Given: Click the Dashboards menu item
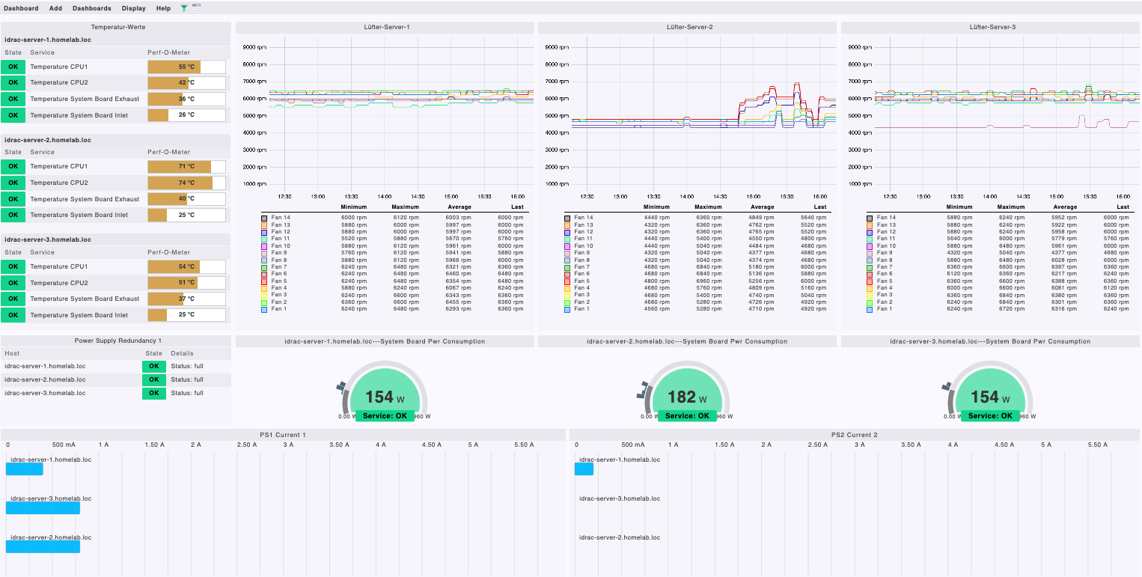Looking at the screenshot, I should click(x=91, y=8).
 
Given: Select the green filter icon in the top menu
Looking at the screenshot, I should click(x=184, y=8).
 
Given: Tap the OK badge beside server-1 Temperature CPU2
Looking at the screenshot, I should click(x=13, y=83).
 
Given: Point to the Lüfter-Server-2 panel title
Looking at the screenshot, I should click(x=689, y=27).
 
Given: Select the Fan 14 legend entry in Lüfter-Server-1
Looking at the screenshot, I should click(x=281, y=218).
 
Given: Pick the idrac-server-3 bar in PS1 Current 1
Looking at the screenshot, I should click(x=43, y=507).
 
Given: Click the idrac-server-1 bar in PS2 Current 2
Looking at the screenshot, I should click(x=584, y=468).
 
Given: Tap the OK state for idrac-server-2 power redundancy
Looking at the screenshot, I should click(x=153, y=380).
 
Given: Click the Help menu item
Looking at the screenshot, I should click(x=163, y=8).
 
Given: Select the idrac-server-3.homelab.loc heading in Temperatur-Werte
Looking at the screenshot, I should click(x=48, y=239).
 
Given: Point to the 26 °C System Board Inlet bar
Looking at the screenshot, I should click(x=186, y=115).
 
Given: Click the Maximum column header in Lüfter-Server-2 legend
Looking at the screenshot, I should click(x=708, y=207).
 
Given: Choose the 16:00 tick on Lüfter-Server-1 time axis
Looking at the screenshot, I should click(x=517, y=197).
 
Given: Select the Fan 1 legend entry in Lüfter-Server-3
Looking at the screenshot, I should click(x=885, y=309).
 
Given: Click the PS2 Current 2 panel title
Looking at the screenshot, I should click(x=854, y=435).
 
